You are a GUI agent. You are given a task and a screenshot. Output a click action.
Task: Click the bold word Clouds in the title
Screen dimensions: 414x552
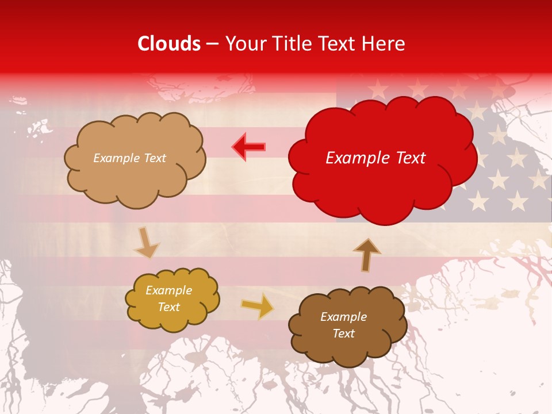[169, 44]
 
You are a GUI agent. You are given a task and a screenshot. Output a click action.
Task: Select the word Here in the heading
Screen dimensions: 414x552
[384, 44]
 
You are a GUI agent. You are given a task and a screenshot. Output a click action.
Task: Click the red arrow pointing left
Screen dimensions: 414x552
[248, 147]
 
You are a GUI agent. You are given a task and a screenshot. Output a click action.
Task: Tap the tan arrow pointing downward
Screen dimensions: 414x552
[146, 243]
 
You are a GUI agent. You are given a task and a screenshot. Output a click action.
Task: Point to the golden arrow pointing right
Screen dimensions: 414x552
[258, 306]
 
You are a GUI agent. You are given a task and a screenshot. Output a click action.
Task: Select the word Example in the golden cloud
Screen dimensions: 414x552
[168, 291]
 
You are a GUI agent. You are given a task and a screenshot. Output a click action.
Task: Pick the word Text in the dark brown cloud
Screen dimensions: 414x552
[343, 333]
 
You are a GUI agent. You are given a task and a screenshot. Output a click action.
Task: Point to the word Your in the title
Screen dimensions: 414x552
[242, 44]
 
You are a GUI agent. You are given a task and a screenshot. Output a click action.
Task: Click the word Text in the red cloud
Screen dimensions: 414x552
[410, 158]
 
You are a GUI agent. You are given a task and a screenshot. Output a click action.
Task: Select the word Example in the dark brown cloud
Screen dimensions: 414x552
[343, 317]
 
